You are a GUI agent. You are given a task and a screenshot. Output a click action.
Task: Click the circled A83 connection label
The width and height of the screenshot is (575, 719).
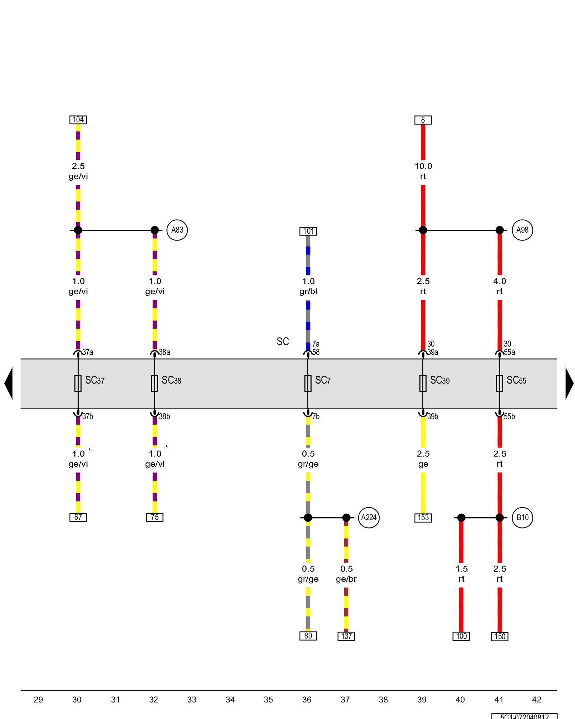pyautogui.click(x=177, y=230)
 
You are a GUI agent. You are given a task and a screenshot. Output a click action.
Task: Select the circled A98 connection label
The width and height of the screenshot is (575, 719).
pyautogui.click(x=522, y=230)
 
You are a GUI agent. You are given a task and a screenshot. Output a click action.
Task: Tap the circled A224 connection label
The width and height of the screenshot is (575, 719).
pyautogui.click(x=369, y=518)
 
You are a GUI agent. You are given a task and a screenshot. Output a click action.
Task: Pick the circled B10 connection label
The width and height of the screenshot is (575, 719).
pyautogui.click(x=522, y=518)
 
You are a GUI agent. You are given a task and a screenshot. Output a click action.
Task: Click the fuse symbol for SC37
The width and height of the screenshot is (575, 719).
pyautogui.click(x=78, y=383)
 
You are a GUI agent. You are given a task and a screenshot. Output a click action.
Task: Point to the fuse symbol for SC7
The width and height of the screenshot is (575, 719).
pyautogui.click(x=308, y=383)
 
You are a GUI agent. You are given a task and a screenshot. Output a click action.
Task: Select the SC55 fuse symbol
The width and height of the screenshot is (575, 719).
pyautogui.click(x=500, y=383)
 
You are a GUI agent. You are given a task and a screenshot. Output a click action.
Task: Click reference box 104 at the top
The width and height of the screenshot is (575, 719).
pyautogui.click(x=78, y=120)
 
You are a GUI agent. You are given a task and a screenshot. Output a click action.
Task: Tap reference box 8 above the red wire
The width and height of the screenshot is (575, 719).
pyautogui.click(x=423, y=120)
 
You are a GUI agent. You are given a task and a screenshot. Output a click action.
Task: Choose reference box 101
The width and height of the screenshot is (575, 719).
pyautogui.click(x=308, y=231)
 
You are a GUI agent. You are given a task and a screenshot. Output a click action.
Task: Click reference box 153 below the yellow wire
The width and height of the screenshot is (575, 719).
pyautogui.click(x=423, y=518)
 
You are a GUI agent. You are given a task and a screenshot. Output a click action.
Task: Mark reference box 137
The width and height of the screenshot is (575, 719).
pyautogui.click(x=346, y=636)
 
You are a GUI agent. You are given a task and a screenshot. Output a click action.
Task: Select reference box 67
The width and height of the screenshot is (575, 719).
pyautogui.click(x=78, y=517)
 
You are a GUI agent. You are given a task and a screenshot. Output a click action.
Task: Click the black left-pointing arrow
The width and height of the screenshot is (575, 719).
pyautogui.click(x=9, y=383)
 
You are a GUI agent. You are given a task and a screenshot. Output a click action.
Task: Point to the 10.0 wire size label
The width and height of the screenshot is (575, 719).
pyautogui.click(x=423, y=166)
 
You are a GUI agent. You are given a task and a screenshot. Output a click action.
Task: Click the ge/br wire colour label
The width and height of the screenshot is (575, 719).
pyautogui.click(x=346, y=579)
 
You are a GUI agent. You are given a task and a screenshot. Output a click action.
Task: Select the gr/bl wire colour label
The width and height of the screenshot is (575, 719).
pyautogui.click(x=308, y=291)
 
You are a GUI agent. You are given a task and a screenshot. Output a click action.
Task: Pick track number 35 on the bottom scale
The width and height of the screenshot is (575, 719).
pyautogui.click(x=268, y=700)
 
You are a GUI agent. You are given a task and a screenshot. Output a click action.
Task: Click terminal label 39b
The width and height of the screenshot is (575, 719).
pyautogui.click(x=433, y=417)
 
